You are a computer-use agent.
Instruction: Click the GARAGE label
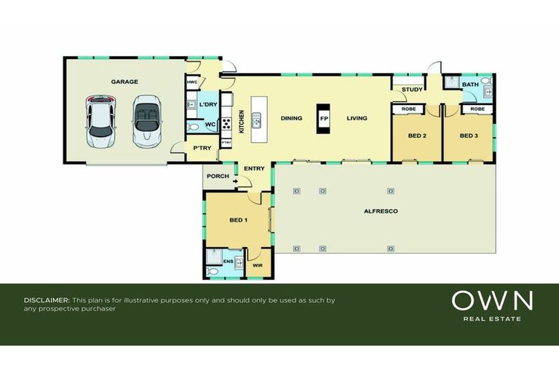pos(124,82)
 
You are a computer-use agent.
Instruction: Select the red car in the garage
pos(100,120)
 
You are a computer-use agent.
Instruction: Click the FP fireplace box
pos(323,119)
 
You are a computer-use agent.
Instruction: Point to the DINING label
pos(292,119)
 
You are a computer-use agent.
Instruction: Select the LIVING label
pos(357,119)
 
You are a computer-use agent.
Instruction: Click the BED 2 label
pos(416,136)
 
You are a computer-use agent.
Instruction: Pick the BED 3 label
pos(468,136)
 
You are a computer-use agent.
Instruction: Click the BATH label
pos(470,85)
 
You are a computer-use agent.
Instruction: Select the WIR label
pos(257,266)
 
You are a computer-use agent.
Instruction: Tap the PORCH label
pos(218,176)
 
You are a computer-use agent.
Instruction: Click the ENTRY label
pos(254,169)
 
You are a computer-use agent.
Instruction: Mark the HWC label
pos(192,82)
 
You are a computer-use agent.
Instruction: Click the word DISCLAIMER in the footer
pos(47,300)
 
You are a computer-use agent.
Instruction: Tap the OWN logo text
pos(493,300)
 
